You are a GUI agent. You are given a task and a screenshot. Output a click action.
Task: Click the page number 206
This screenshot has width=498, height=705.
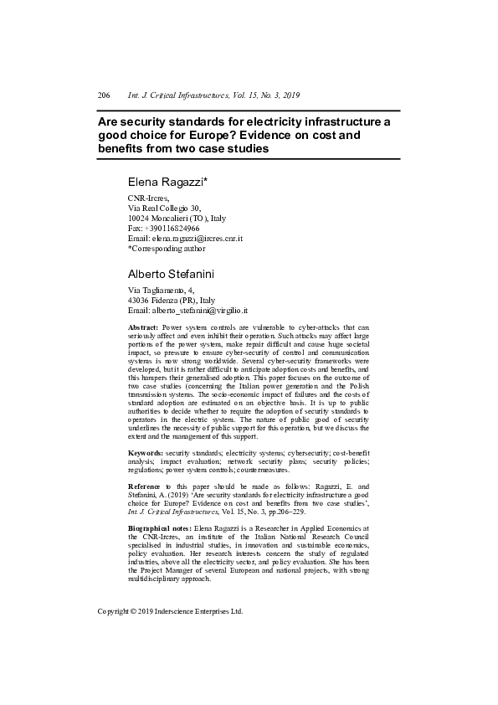104,96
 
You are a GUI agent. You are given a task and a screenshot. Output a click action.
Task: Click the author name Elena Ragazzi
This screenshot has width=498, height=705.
167,181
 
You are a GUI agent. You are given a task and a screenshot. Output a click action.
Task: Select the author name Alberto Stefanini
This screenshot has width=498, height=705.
172,274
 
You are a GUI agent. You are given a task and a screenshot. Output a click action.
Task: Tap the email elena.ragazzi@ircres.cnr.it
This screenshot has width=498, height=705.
191,238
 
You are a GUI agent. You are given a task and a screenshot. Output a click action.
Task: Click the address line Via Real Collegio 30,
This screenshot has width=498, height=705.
164,208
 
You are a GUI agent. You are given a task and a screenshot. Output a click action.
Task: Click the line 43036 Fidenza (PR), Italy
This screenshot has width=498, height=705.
171,300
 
